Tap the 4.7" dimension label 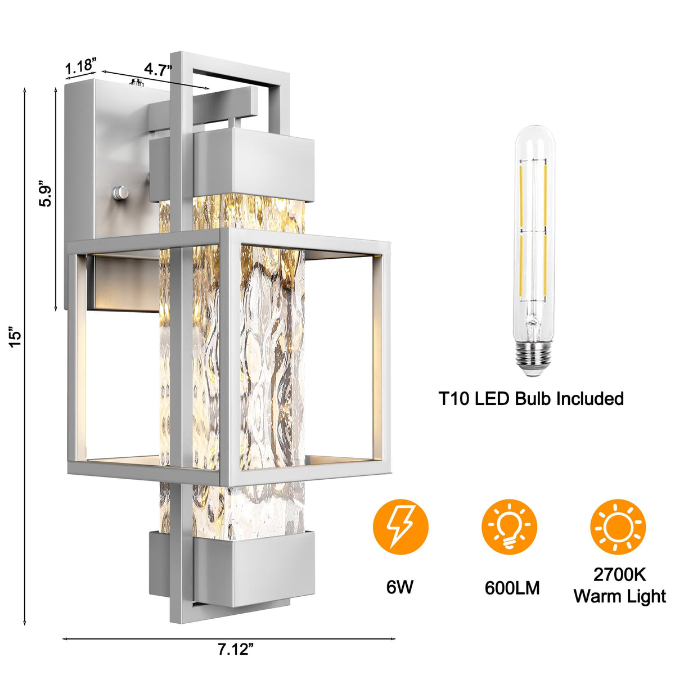[157, 69]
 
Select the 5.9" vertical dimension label [47, 192]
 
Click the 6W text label [400, 587]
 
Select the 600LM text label [512, 588]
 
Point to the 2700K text [619, 575]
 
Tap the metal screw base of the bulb [531, 361]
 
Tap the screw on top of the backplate [136, 83]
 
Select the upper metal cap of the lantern [256, 163]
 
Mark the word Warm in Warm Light [596, 596]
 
